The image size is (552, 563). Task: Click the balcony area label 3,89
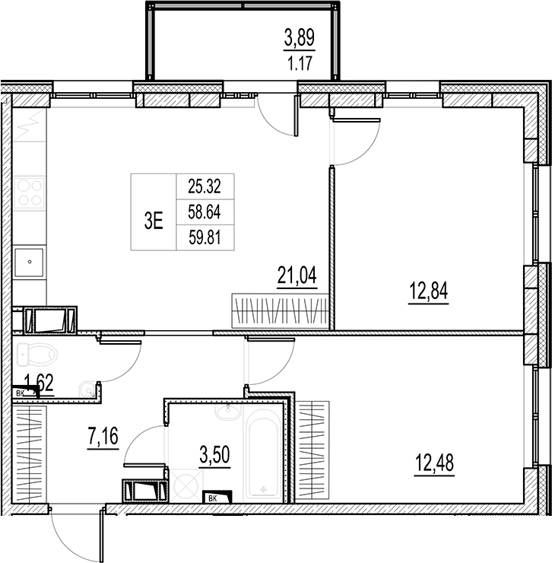point(298,36)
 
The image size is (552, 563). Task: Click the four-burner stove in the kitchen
point(29,192)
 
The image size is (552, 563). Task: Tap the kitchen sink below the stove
point(29,261)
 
